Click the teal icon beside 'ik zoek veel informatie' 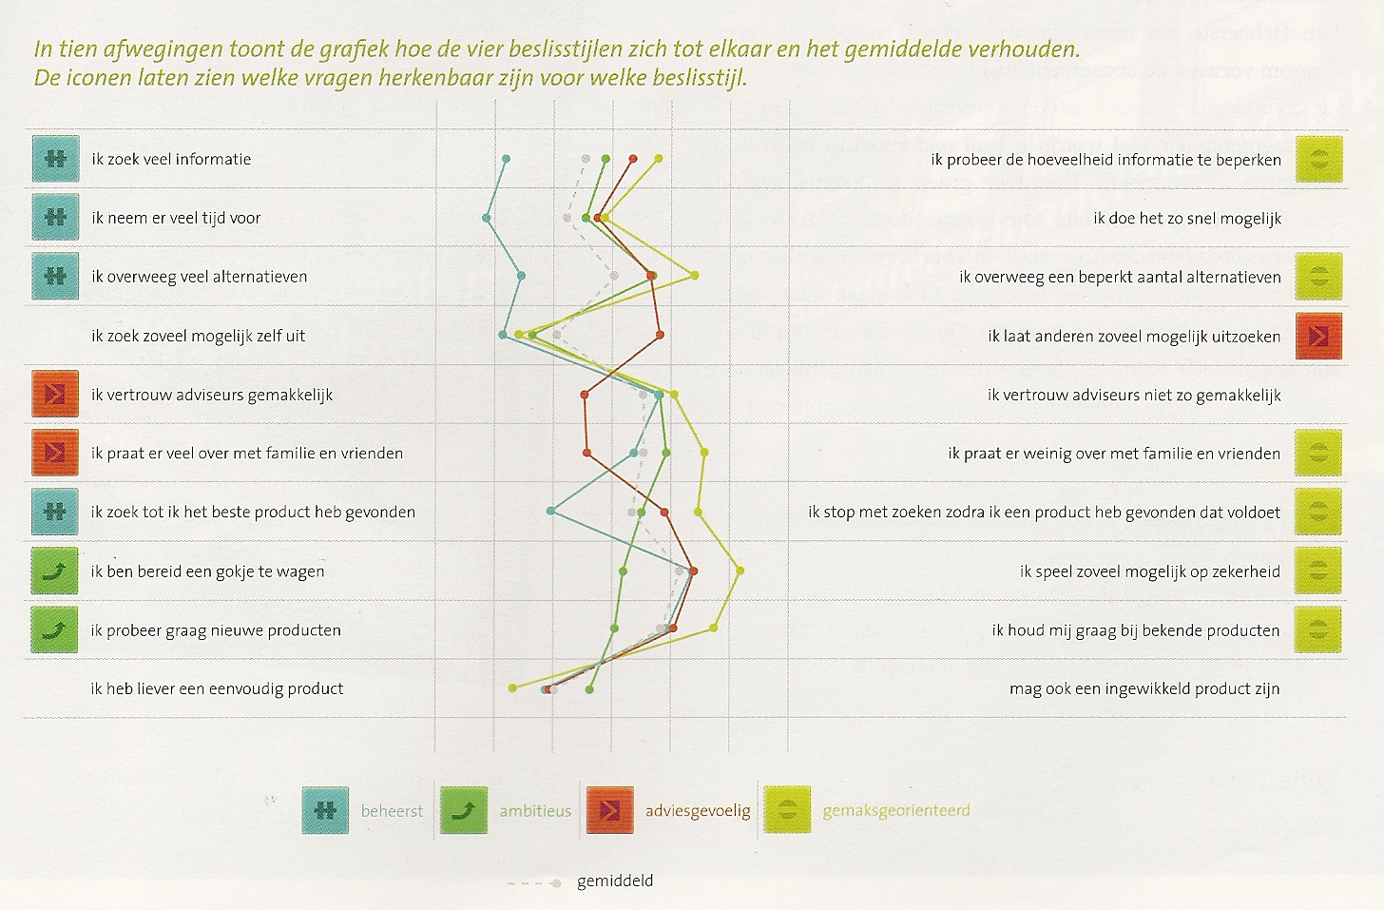coord(55,159)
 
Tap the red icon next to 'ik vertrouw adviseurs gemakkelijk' coord(55,395)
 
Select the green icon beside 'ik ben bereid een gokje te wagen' coord(55,571)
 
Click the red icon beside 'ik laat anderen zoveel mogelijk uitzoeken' coord(1318,336)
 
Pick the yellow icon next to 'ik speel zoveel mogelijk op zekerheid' coord(1317,571)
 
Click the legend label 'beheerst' coord(392,811)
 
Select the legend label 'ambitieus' coord(535,811)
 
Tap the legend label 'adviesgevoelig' coord(698,811)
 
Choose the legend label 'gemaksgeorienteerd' coord(896,811)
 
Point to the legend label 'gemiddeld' coord(615,881)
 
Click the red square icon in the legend coord(610,810)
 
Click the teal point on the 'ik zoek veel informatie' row coord(506,159)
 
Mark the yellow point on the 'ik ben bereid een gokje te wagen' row coord(740,571)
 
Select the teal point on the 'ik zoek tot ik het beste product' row coord(551,512)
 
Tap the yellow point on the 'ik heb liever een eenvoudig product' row coord(512,687)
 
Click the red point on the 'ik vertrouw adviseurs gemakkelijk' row coord(585,395)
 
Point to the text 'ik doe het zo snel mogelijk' coord(1187,219)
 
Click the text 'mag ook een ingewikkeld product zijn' coord(1144,688)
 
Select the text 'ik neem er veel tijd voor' coord(176,218)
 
